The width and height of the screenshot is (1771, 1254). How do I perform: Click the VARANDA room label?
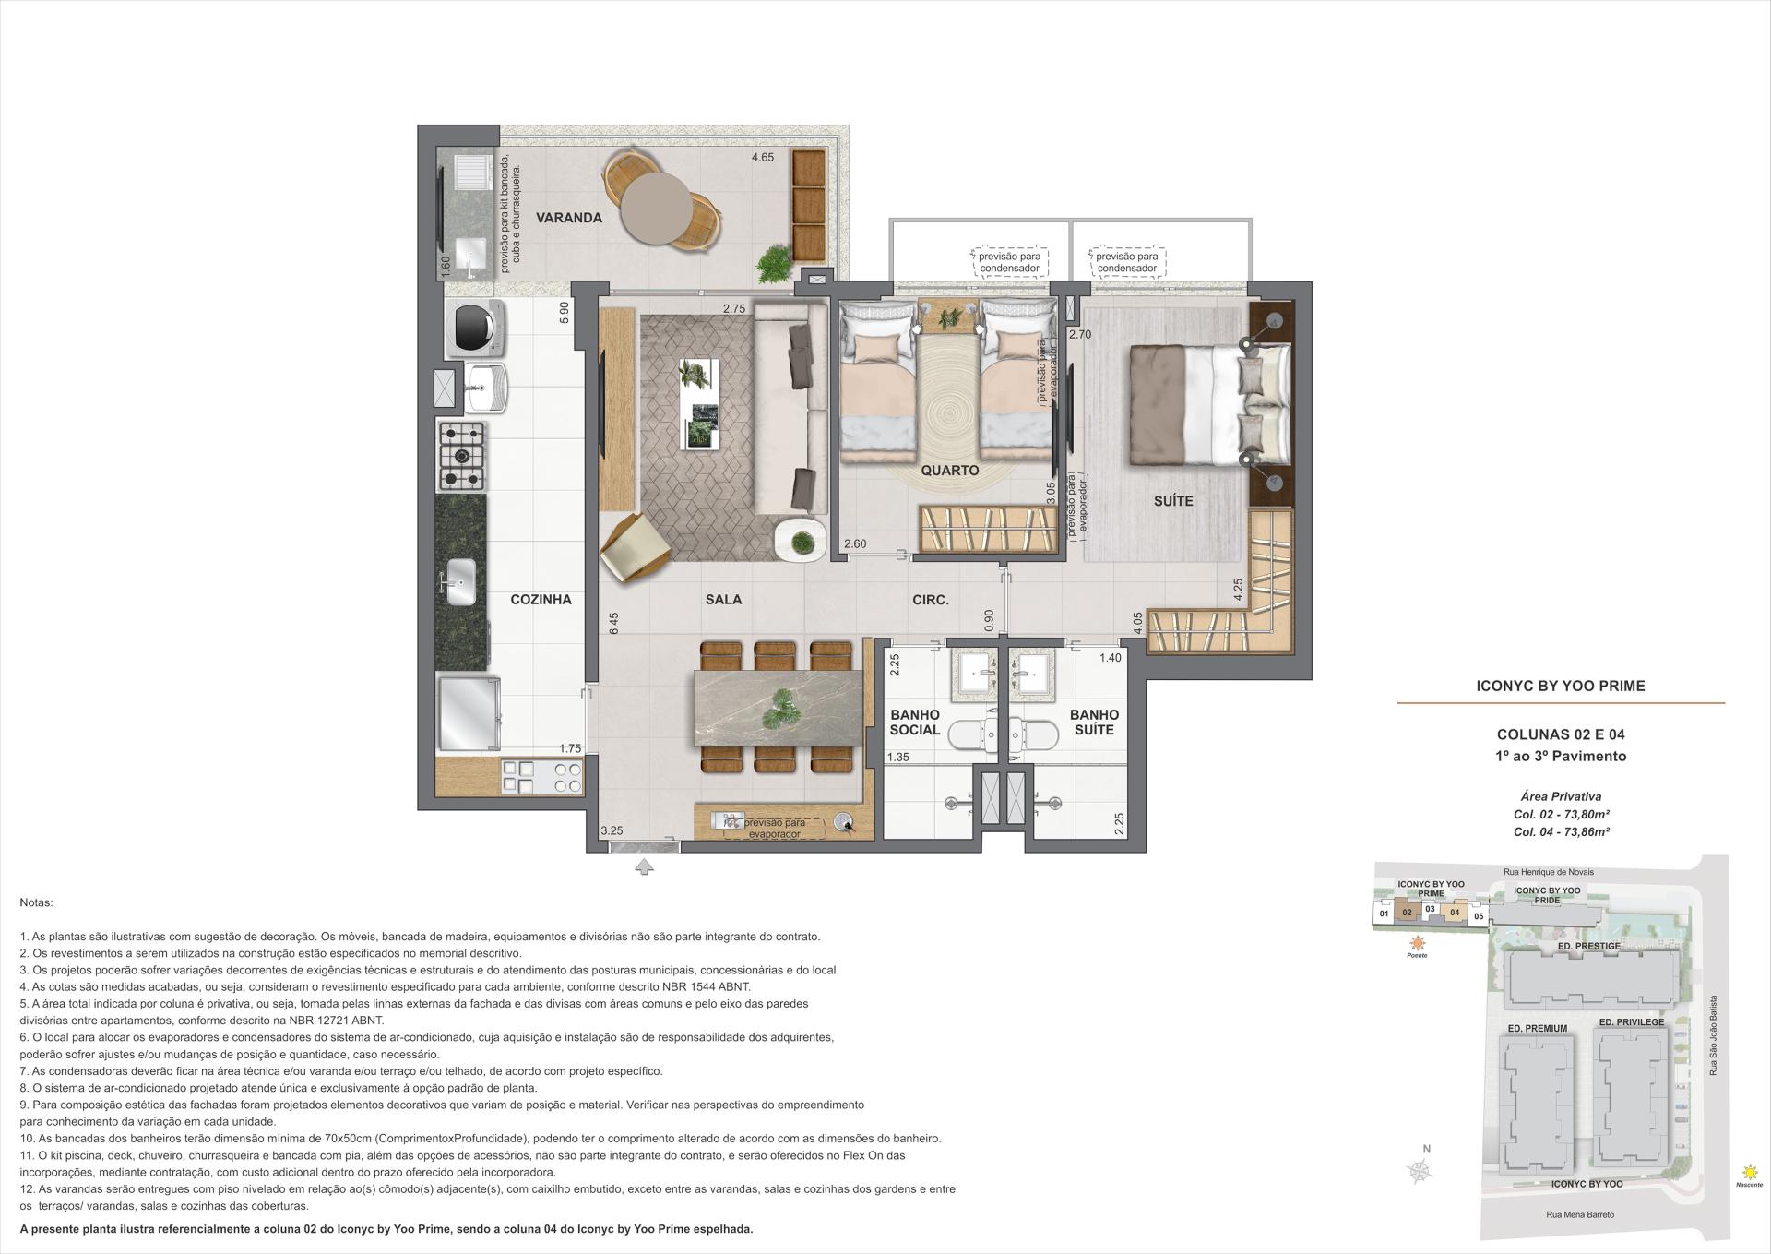569,219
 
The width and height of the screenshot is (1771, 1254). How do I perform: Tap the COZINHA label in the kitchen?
541,600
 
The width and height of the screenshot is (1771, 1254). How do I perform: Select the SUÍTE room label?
1173,501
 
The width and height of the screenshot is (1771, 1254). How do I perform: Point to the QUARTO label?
949,471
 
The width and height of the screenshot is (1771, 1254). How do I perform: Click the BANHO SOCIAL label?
914,723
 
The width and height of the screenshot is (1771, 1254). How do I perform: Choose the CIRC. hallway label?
930,600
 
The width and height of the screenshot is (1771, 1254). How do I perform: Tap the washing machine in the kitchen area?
475,328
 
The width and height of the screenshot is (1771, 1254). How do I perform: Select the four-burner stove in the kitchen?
461,455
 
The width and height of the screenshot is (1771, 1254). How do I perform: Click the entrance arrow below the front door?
644,866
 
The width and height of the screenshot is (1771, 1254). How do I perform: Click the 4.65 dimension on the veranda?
762,158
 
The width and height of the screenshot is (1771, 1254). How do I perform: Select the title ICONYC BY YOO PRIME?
1561,686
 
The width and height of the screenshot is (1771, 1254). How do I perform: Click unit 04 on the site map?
1454,913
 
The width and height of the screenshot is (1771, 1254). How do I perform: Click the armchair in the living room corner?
634,549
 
